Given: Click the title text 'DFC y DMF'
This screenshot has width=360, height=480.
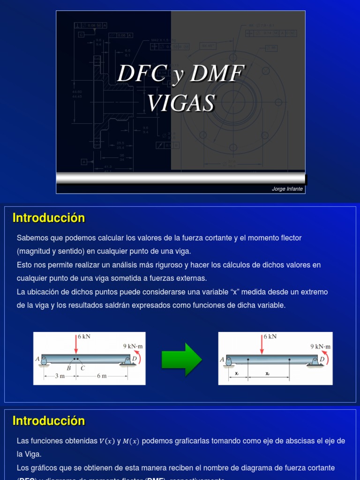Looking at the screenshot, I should point(181,74).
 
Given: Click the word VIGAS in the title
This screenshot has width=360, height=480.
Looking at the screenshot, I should point(181,103).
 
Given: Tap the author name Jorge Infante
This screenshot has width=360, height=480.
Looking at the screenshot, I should point(287,189).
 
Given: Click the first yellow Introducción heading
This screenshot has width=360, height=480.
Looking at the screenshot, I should point(49,218).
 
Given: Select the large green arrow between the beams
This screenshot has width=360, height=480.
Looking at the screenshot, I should point(181,359).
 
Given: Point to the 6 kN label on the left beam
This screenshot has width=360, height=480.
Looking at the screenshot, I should point(84,337).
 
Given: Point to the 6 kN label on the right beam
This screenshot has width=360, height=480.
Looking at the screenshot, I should point(270,337).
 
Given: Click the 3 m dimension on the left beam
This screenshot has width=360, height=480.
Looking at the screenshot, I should point(59,376).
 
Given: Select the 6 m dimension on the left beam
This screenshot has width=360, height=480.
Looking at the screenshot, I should point(102,376).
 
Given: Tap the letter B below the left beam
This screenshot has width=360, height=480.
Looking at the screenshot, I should point(68,368).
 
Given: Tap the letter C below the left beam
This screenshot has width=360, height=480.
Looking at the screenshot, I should point(83,368).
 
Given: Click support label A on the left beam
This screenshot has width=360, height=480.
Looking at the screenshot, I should point(37,359).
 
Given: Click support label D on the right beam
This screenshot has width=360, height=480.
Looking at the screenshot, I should point(322,360).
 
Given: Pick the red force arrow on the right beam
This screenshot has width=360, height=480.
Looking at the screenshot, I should point(262,345).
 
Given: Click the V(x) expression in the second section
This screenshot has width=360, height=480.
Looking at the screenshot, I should point(107,441).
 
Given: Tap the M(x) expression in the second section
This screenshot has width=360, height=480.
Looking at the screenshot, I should point(133,441).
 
